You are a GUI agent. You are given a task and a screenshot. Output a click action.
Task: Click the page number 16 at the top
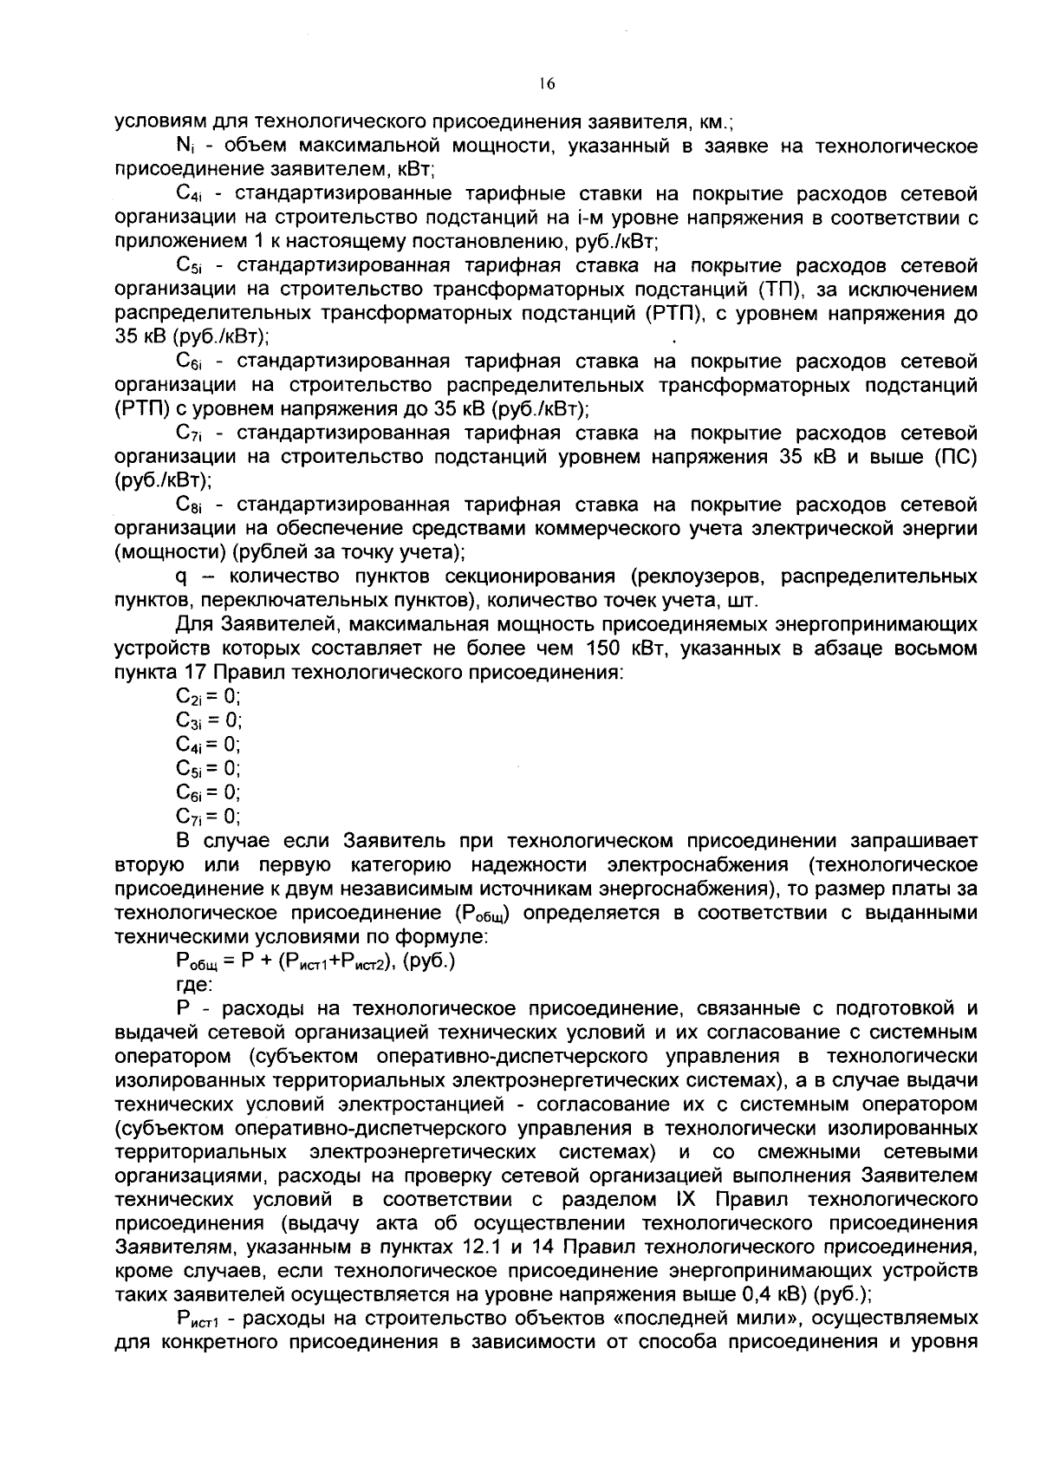545,84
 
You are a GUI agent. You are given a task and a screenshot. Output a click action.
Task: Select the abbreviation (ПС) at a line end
955,457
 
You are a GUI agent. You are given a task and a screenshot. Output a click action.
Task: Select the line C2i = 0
208,696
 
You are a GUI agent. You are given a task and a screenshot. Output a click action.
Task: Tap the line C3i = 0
208,720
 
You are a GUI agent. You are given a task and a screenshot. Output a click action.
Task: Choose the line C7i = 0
208,816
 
